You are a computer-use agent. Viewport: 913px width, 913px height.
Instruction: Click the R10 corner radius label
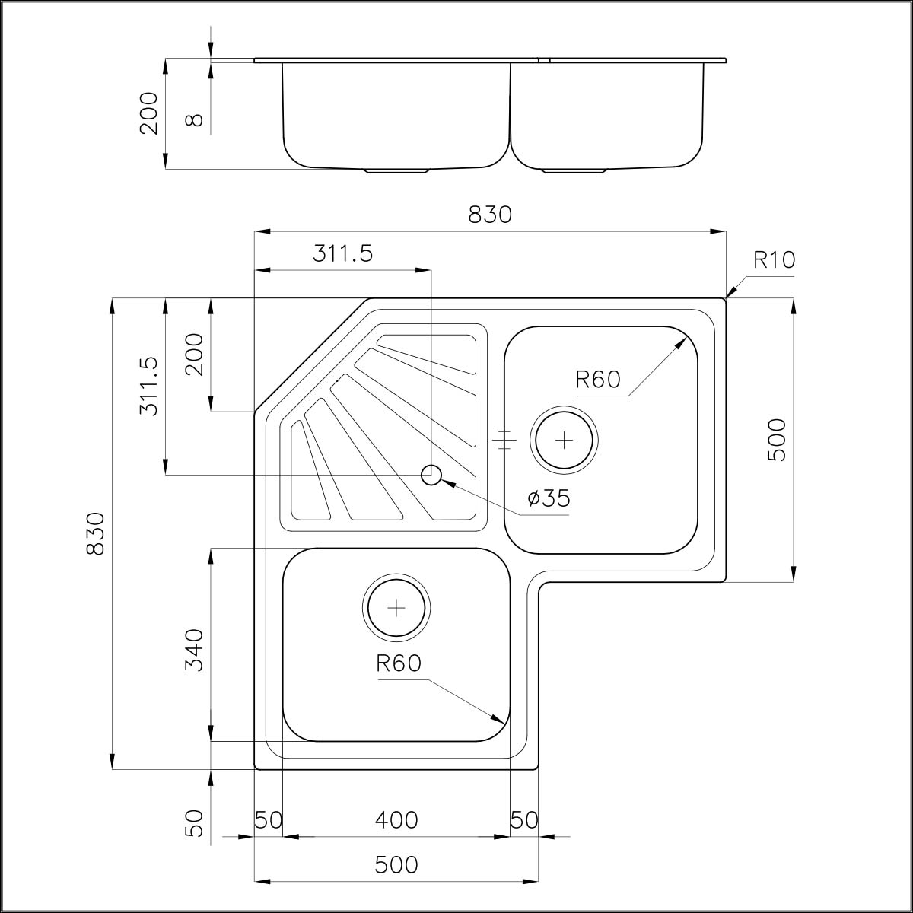774,260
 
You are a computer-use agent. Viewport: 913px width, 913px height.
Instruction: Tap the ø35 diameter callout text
549,498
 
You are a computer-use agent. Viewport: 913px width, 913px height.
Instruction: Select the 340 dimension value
195,650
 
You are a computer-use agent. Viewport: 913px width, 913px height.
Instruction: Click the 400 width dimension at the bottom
396,820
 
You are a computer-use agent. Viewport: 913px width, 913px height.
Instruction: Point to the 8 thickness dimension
195,120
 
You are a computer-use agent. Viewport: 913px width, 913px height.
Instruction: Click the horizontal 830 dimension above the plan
489,215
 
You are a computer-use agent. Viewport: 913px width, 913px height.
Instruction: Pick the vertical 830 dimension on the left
95,533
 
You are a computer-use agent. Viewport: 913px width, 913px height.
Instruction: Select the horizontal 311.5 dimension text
342,253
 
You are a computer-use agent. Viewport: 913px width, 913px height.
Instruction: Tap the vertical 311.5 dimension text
149,387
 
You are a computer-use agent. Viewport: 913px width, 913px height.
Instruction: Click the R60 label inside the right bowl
598,379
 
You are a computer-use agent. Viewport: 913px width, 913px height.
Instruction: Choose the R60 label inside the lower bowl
398,663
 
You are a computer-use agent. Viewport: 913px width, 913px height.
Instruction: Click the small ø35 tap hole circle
431,476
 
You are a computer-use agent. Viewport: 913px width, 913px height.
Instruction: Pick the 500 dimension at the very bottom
396,865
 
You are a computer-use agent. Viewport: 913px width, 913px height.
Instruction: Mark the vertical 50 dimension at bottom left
195,823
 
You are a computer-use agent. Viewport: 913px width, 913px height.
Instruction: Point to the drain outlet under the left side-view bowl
398,170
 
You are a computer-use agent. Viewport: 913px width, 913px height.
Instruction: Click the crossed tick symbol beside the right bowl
504,440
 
